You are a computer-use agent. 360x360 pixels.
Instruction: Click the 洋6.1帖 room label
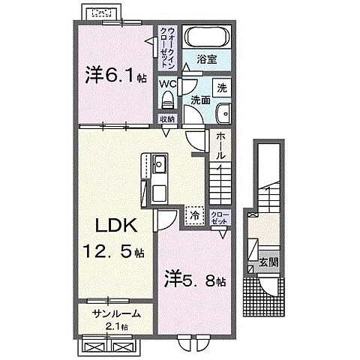(113, 75)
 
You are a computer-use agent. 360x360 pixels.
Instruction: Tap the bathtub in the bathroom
(207, 37)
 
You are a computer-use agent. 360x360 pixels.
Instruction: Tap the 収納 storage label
(166, 118)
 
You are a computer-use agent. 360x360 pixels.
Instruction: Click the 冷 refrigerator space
(193, 215)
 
